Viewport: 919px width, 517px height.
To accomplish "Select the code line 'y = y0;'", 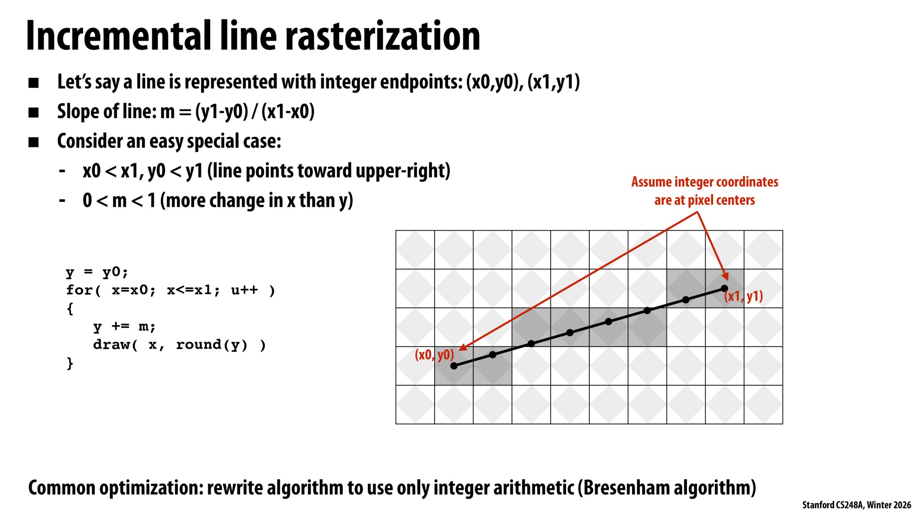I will [97, 272].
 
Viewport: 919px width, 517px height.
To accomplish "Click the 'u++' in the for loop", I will [244, 290].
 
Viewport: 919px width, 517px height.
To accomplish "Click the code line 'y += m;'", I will [124, 327].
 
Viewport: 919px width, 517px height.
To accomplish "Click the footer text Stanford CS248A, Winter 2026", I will [856, 505].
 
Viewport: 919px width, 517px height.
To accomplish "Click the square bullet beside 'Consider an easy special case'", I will [34, 142].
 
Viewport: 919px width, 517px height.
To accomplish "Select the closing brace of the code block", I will [70, 363].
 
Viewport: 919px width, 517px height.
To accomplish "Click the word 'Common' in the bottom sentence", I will [62, 488].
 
